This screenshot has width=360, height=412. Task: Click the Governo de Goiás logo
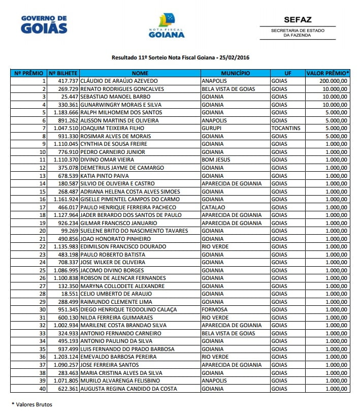pyautogui.click(x=44, y=24)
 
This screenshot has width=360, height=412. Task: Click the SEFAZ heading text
pyautogui.click(x=297, y=20)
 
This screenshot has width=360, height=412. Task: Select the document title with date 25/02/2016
pyautogui.click(x=180, y=58)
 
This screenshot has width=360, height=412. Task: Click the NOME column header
pyautogui.click(x=140, y=73)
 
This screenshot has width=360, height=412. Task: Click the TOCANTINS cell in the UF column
pyautogui.click(x=286, y=129)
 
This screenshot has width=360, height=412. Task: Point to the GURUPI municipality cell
pyautogui.click(x=212, y=129)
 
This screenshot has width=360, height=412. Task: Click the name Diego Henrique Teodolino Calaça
pyautogui.click(x=129, y=310)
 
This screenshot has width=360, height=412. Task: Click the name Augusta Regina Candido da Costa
pyautogui.click(x=129, y=389)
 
